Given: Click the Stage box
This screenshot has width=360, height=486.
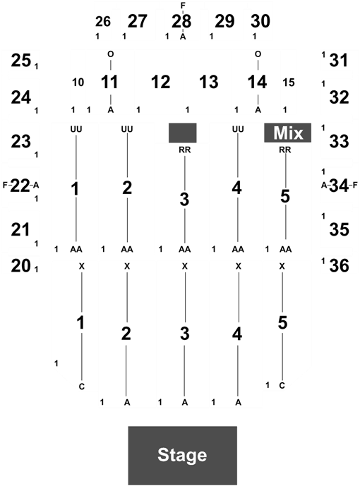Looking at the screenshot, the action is pyautogui.click(x=183, y=455).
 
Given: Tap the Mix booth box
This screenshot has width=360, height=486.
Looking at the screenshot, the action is pyautogui.click(x=287, y=133).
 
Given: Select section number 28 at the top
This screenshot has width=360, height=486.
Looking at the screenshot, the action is pyautogui.click(x=181, y=21).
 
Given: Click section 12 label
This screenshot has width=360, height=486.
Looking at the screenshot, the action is pyautogui.click(x=161, y=82).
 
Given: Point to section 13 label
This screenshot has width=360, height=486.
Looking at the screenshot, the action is pyautogui.click(x=209, y=82).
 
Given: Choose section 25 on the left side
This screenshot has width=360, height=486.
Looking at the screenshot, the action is pyautogui.click(x=21, y=60).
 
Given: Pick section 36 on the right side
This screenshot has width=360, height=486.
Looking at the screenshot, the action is pyautogui.click(x=340, y=266).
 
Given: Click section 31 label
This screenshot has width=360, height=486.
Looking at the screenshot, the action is pyautogui.click(x=339, y=60).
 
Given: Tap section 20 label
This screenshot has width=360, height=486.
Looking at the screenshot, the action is pyautogui.click(x=21, y=266).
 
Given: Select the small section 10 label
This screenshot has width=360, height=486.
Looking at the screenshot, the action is pyautogui.click(x=78, y=83).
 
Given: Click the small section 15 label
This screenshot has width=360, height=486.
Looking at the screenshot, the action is pyautogui.click(x=289, y=83).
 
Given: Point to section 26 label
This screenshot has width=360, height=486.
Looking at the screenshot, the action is pyautogui.click(x=103, y=21).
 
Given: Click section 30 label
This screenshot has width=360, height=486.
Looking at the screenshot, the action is pyautogui.click(x=260, y=21).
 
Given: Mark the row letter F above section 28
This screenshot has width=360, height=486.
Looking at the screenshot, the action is pyautogui.click(x=183, y=5).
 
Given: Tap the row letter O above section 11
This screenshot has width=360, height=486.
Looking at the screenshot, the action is pyautogui.click(x=111, y=54).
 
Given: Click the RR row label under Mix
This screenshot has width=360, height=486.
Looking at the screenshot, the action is pyautogui.click(x=285, y=150).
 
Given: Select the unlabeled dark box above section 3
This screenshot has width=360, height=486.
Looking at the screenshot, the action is pyautogui.click(x=183, y=133).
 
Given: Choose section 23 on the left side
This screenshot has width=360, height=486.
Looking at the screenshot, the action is pyautogui.click(x=21, y=142).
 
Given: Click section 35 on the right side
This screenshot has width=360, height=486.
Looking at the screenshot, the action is pyautogui.click(x=340, y=230).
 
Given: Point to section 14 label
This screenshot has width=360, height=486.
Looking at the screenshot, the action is pyautogui.click(x=257, y=82).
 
